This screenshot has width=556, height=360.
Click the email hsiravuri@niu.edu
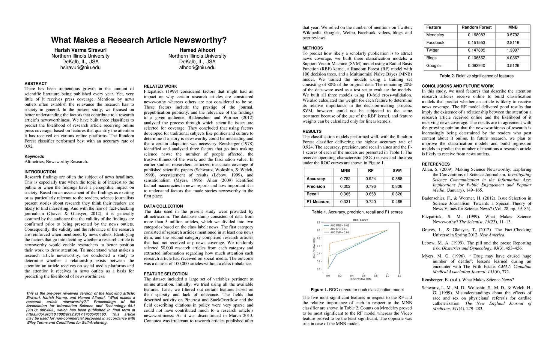(80, 67)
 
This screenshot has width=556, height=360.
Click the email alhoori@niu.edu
(197, 67)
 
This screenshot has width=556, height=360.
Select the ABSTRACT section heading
(36, 83)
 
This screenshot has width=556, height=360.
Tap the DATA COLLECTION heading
(163, 206)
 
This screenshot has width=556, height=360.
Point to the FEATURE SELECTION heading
(166, 274)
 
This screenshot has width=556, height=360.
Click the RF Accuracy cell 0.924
(371, 179)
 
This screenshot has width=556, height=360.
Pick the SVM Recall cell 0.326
(397, 194)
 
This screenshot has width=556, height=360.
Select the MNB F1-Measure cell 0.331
(345, 202)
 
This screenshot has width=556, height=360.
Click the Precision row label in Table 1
(315, 187)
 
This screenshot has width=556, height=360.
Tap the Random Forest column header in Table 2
(477, 27)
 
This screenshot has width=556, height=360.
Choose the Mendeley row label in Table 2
(435, 35)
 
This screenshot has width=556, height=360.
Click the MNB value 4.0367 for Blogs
(513, 58)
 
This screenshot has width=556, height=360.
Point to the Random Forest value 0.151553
(477, 43)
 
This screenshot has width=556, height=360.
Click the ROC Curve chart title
(360, 220)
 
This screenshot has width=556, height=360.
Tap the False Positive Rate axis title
(360, 279)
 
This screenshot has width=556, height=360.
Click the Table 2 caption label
(447, 76)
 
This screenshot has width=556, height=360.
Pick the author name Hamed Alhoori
(197, 50)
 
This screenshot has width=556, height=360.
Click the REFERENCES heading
(436, 164)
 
